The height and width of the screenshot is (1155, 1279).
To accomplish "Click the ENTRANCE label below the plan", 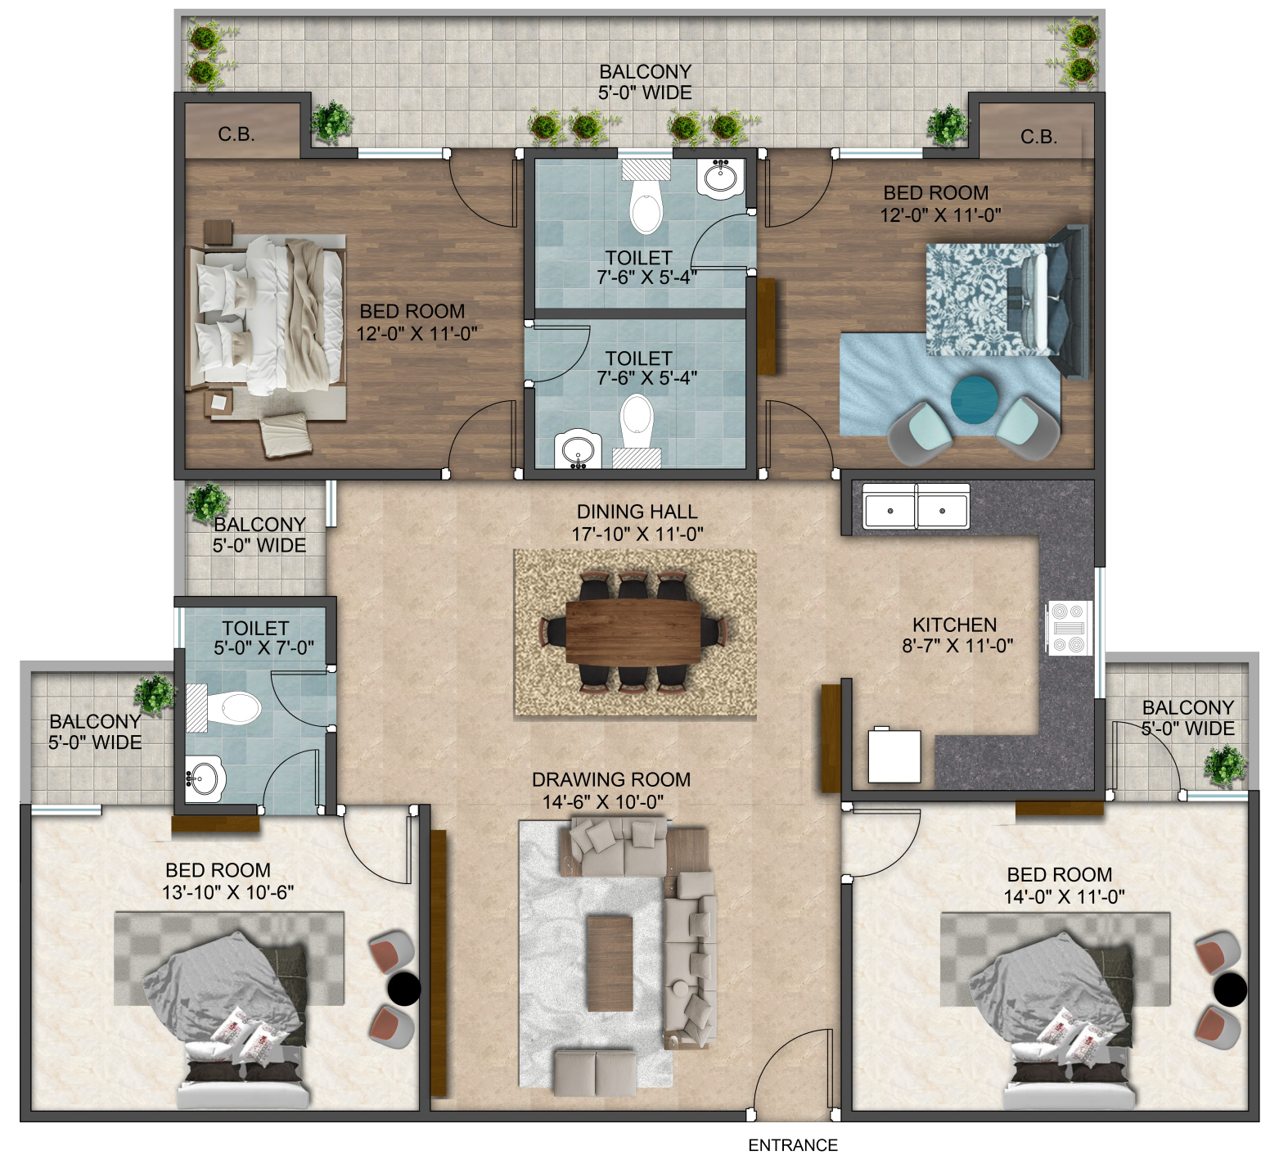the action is tap(793, 1145).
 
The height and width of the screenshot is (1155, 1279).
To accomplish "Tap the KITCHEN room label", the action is tap(954, 625).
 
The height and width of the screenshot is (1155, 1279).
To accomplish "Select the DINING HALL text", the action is tap(637, 512).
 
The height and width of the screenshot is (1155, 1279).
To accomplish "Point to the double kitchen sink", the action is tap(916, 505).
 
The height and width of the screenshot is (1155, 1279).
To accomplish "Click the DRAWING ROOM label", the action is tap(610, 780).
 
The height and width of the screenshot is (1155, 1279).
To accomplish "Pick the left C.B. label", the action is tap(236, 135).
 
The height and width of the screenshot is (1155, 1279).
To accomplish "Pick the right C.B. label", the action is tap(1038, 137).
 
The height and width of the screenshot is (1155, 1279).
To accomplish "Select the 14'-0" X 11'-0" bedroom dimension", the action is tap(1064, 896).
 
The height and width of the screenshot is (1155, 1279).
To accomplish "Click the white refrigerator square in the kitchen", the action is tap(894, 755).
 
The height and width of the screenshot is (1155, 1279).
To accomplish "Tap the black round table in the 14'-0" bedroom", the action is tap(1231, 990).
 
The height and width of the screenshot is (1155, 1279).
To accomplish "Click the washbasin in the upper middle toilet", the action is tap(722, 178).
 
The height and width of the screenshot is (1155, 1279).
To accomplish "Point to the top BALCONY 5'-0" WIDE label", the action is tap(645, 82).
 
